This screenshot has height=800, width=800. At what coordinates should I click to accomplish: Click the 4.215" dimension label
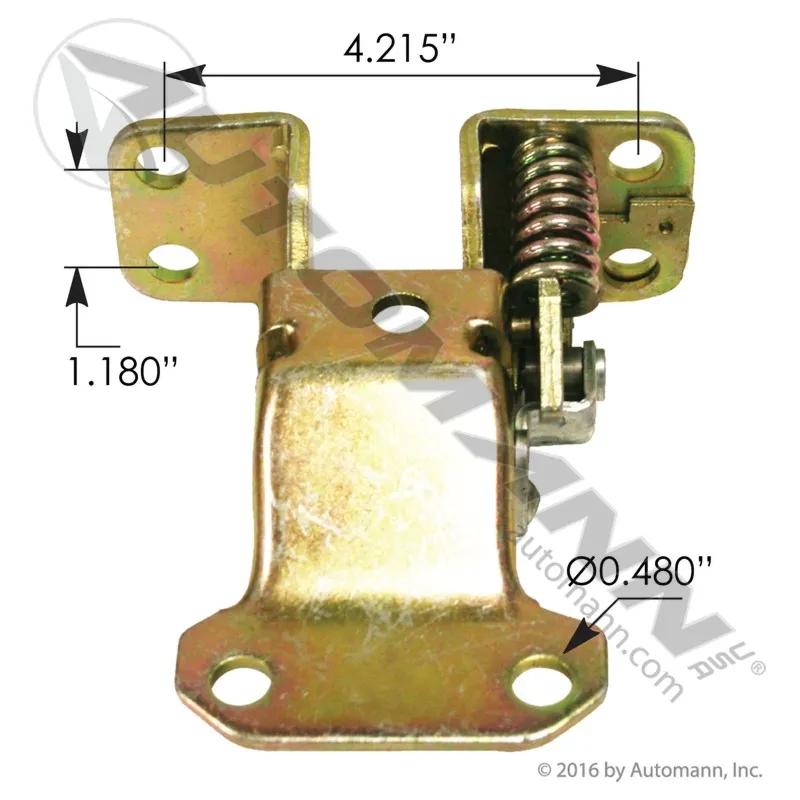[x=398, y=50]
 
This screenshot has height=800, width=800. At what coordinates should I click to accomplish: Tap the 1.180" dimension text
[x=122, y=371]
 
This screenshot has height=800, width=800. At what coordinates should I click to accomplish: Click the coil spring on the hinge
[x=556, y=219]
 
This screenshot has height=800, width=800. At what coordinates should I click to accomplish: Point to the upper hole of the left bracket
[x=163, y=166]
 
